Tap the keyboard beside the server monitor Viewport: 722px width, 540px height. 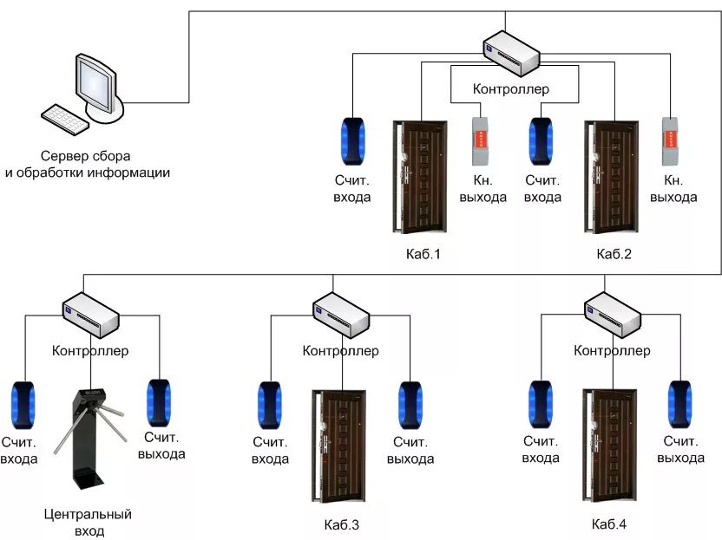point(64,120)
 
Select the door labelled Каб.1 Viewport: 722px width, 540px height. point(419,177)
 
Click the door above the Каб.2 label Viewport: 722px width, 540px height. point(611,177)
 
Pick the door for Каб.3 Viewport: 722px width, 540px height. point(339,446)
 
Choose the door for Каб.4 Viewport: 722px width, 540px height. point(610,446)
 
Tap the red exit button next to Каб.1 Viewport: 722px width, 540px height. point(480,141)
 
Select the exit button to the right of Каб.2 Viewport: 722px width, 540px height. point(671,141)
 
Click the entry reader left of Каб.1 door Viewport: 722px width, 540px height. point(352,141)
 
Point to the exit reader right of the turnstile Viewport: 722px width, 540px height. point(159,403)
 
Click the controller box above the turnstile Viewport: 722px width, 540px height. point(91,316)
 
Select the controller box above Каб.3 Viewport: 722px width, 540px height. point(341,316)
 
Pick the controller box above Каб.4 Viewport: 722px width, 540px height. point(613,316)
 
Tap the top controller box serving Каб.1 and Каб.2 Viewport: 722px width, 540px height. point(511,53)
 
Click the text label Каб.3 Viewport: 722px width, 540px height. point(342,524)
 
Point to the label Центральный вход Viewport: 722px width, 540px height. point(88,523)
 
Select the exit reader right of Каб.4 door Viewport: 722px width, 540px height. point(680,405)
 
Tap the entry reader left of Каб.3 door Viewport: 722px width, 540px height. point(269,406)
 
